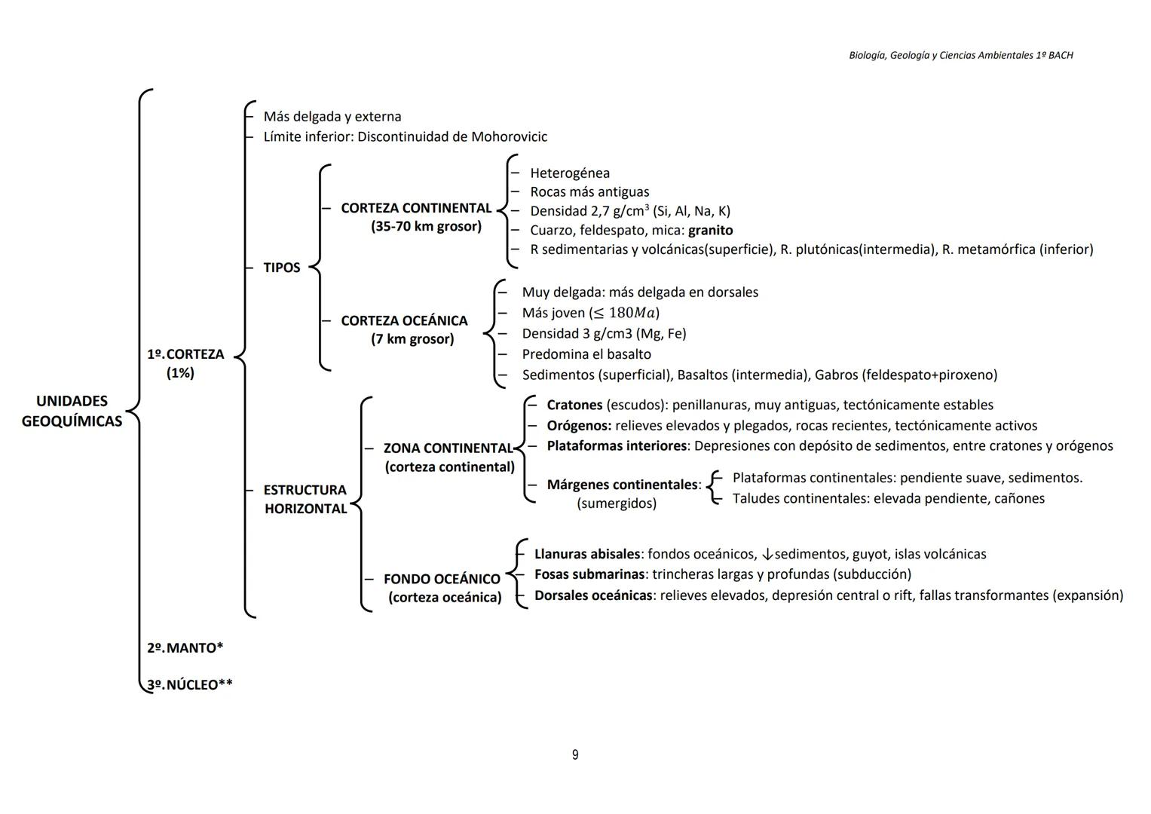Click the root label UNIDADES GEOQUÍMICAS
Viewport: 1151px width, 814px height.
click(x=72, y=411)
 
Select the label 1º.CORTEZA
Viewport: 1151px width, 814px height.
click(x=185, y=354)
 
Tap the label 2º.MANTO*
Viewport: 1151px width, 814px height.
click(x=185, y=647)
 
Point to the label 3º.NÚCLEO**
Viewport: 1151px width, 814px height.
click(x=190, y=684)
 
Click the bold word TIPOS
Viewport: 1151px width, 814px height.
click(x=281, y=268)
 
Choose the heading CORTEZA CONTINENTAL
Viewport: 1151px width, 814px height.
click(x=415, y=208)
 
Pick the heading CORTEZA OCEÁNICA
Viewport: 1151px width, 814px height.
click(x=404, y=320)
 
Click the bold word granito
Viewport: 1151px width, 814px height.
click(x=710, y=230)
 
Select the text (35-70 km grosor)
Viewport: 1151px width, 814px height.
click(x=426, y=226)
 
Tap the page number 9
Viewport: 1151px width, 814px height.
click(x=575, y=754)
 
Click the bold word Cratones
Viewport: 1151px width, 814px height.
click(x=574, y=405)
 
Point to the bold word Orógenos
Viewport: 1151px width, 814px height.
click(x=578, y=426)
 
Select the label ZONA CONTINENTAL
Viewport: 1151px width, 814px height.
click(x=448, y=448)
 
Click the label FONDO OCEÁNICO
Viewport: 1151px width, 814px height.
click(x=442, y=579)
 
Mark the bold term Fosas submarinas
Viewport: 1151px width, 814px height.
click(x=589, y=574)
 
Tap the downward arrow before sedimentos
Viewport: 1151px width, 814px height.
click(x=767, y=555)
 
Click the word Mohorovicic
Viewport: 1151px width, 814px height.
click(x=509, y=136)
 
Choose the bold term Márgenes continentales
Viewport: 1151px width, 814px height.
click(x=623, y=485)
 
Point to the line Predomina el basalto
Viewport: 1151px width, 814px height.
click(x=586, y=354)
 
